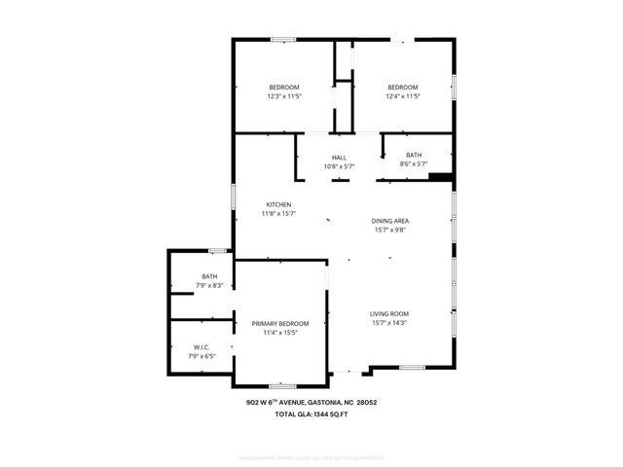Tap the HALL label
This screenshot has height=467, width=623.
click(339, 158)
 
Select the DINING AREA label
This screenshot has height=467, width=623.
click(389, 221)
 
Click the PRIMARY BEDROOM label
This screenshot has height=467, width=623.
click(280, 324)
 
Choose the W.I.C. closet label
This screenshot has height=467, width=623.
click(202, 347)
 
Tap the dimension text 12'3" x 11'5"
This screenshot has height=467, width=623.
click(284, 96)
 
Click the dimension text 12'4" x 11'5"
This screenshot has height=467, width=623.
click(402, 96)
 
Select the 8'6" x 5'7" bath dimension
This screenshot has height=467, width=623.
click(414, 163)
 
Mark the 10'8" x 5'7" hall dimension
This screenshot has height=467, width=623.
click(339, 166)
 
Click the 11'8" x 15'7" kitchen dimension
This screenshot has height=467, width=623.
click(278, 214)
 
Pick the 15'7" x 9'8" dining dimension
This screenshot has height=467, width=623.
click(389, 231)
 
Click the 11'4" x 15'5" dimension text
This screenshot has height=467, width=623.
click(280, 334)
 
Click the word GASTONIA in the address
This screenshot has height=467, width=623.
click(334, 403)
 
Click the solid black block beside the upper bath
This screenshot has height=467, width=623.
click(441, 177)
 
